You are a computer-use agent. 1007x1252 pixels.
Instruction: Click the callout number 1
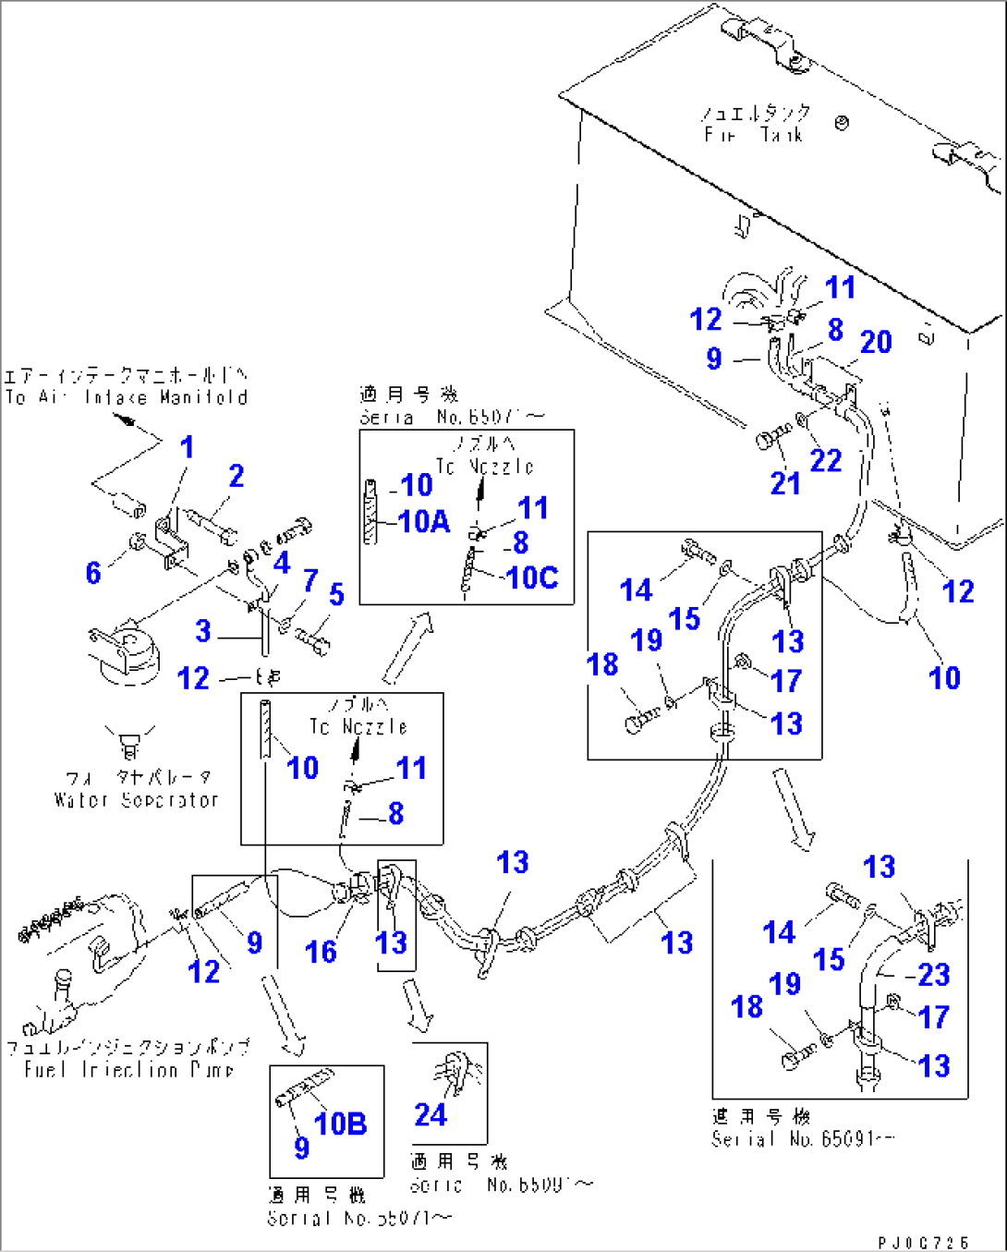187,447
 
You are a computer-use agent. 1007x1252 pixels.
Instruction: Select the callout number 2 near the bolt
237,476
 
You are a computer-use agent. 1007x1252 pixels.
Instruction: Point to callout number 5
336,594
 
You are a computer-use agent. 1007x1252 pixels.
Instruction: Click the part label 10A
424,522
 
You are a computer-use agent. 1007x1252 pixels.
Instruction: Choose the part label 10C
532,577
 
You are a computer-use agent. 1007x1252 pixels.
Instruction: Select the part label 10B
340,1124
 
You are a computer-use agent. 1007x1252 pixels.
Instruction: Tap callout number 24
431,1115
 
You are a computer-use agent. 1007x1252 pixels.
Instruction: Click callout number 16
321,952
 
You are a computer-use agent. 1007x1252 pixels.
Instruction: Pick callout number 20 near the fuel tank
876,342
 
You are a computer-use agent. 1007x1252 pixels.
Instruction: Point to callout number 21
785,482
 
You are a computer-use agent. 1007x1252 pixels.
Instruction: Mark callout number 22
825,460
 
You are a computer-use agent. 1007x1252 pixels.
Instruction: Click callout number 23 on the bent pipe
933,975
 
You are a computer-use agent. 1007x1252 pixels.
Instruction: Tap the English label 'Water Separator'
136,800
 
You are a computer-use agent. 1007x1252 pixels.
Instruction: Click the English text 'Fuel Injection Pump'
128,1070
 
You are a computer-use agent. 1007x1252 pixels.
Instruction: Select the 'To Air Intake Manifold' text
127,397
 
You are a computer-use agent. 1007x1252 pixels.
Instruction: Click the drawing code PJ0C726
924,1243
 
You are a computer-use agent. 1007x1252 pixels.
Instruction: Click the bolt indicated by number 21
772,435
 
